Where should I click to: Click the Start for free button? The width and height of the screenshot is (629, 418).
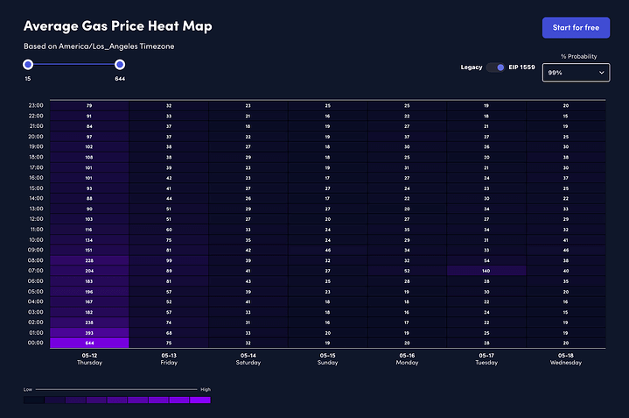click(x=575, y=27)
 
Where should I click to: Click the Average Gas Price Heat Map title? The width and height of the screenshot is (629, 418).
click(x=117, y=26)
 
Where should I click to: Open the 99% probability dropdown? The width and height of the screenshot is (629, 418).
click(x=576, y=74)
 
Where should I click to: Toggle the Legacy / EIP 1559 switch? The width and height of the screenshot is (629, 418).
click(x=496, y=67)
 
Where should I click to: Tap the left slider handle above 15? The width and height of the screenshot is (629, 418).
click(x=28, y=64)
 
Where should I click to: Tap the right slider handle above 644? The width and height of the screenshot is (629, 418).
click(x=120, y=64)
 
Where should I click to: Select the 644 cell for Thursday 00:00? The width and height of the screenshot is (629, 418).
click(x=89, y=343)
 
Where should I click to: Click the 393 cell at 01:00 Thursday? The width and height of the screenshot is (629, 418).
click(x=89, y=333)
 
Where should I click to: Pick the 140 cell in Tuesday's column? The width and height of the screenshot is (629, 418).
click(x=486, y=271)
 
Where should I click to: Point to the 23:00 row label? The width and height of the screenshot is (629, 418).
click(x=36, y=105)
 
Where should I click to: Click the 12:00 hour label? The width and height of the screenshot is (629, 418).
click(x=36, y=219)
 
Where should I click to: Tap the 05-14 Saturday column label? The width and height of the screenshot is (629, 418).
click(x=248, y=358)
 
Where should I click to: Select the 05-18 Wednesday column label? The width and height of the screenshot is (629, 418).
click(x=566, y=358)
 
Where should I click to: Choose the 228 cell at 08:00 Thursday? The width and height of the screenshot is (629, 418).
click(x=89, y=260)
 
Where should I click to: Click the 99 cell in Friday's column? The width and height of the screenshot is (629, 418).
click(x=169, y=260)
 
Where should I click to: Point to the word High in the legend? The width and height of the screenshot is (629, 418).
click(x=205, y=388)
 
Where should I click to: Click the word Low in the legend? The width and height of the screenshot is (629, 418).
click(x=28, y=388)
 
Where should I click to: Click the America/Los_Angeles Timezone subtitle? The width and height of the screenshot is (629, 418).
click(x=99, y=46)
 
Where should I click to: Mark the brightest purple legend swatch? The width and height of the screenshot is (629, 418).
click(x=200, y=400)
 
